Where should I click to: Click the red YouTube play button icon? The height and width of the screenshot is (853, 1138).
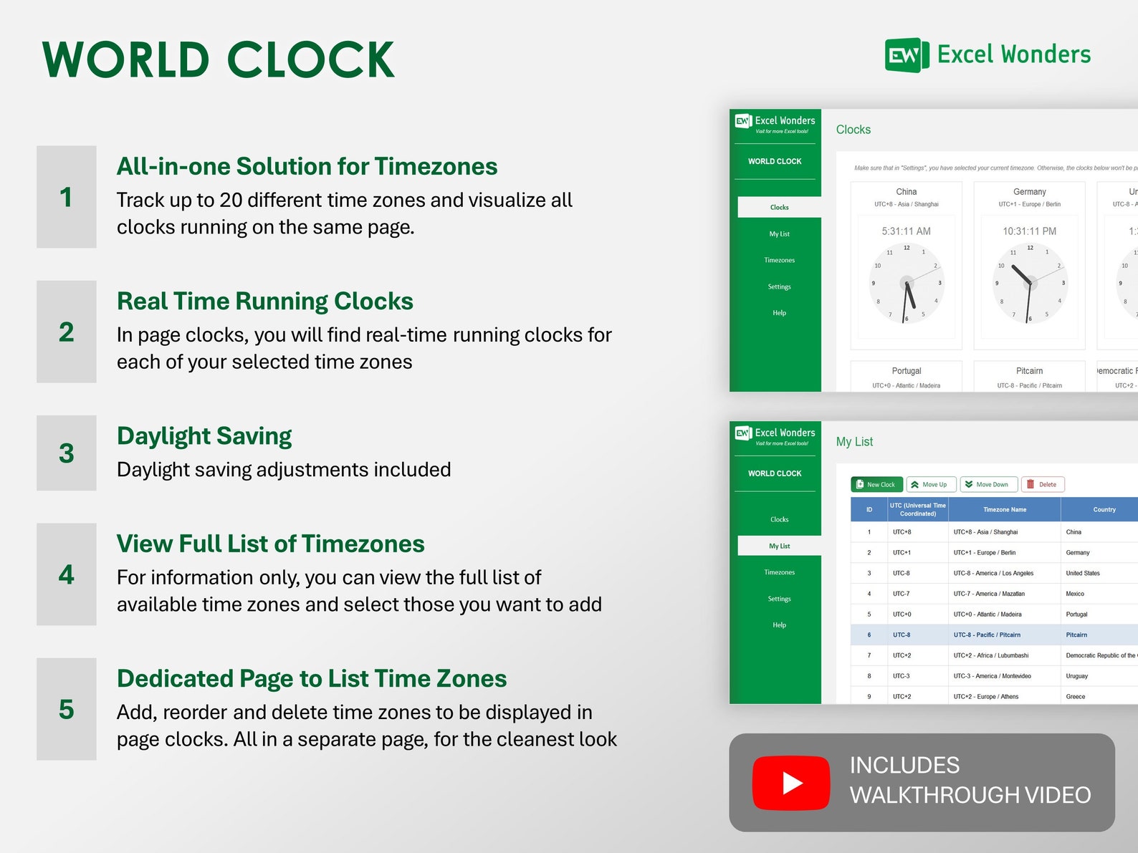point(791,783)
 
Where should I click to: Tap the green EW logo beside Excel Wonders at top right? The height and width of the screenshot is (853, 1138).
point(906,55)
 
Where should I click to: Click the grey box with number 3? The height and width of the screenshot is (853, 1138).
point(67,453)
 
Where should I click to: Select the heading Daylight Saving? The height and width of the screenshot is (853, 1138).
point(204,436)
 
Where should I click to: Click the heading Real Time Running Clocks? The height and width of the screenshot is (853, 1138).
point(264,302)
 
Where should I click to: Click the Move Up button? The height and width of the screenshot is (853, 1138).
point(930,485)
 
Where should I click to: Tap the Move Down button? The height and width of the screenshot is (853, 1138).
point(988,485)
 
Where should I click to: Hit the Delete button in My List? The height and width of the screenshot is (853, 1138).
point(1043,485)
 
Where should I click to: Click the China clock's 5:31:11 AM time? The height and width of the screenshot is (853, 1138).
point(906,231)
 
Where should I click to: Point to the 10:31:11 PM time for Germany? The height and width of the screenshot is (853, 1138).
point(1029,231)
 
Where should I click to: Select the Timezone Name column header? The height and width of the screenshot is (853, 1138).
point(1004,510)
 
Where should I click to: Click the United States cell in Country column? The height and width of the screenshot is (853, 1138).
point(1082,574)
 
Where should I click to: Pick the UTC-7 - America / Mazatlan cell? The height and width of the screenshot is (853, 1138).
point(989,594)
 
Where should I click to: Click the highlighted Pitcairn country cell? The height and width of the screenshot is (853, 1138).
point(1076,635)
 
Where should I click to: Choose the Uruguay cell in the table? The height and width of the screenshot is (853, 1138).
point(1076,676)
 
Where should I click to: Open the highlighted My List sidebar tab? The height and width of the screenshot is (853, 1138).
point(779,546)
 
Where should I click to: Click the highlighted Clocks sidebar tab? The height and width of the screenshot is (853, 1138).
point(779,208)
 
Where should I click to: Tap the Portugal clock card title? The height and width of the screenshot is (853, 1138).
point(906,371)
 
